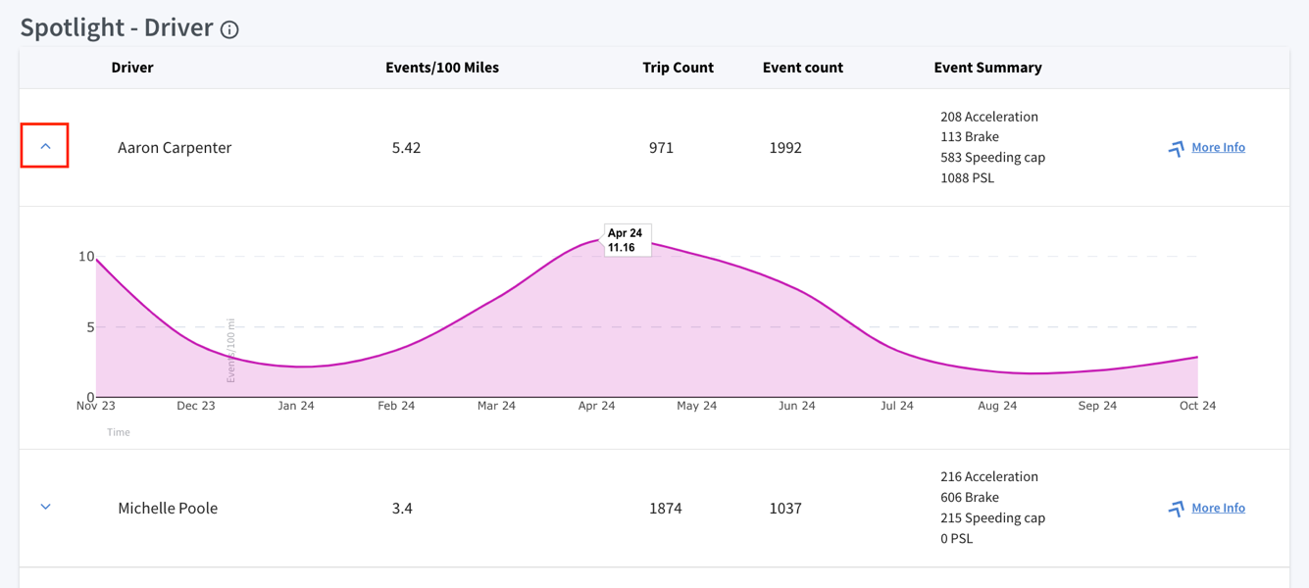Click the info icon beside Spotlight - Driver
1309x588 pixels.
coord(229,29)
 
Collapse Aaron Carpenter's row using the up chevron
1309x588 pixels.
coord(45,147)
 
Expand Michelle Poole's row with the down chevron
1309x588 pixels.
coord(45,507)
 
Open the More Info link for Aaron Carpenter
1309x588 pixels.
coord(1218,147)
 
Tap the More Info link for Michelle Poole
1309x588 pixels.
coord(1218,508)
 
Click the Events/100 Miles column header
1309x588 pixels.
coord(442,68)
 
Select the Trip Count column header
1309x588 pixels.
coord(678,68)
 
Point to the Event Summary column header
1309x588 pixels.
coord(987,68)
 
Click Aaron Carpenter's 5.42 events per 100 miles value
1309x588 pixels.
coord(406,148)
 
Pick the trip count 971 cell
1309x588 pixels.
coord(661,148)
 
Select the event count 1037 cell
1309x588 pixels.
coord(785,509)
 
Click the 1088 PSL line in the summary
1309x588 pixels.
coord(967,178)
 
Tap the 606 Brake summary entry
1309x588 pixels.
coord(970,498)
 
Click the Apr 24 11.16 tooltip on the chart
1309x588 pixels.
coord(627,240)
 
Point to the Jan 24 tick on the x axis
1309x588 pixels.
coord(296,406)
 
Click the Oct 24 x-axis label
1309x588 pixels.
coord(1197,406)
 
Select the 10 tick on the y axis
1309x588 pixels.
coord(86,257)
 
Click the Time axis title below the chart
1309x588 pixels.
coord(118,433)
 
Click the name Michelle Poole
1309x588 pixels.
coord(168,509)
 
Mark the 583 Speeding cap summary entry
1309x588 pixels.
coord(993,158)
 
